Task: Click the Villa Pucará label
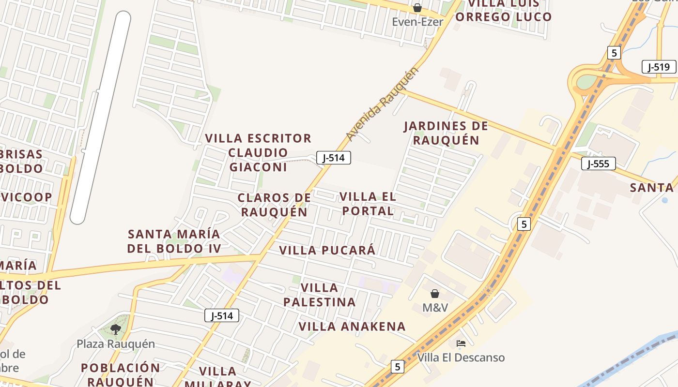click(327, 250)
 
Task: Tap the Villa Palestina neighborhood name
click(320, 295)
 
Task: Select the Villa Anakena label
click(352, 327)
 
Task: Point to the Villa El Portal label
click(368, 204)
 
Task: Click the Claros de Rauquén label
click(274, 205)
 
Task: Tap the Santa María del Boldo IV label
click(174, 241)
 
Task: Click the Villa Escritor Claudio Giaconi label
click(258, 152)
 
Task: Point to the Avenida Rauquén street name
click(382, 104)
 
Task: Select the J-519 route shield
click(659, 67)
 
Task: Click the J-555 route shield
click(598, 164)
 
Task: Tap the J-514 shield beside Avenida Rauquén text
click(334, 157)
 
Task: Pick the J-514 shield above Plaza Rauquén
click(222, 316)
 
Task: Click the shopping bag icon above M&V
click(435, 294)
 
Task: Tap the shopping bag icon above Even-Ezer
click(417, 8)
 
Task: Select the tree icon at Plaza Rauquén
click(115, 329)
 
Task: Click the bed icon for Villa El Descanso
click(461, 343)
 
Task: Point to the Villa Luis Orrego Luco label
click(504, 11)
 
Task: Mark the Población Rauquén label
click(121, 374)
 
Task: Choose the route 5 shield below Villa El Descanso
click(397, 367)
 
